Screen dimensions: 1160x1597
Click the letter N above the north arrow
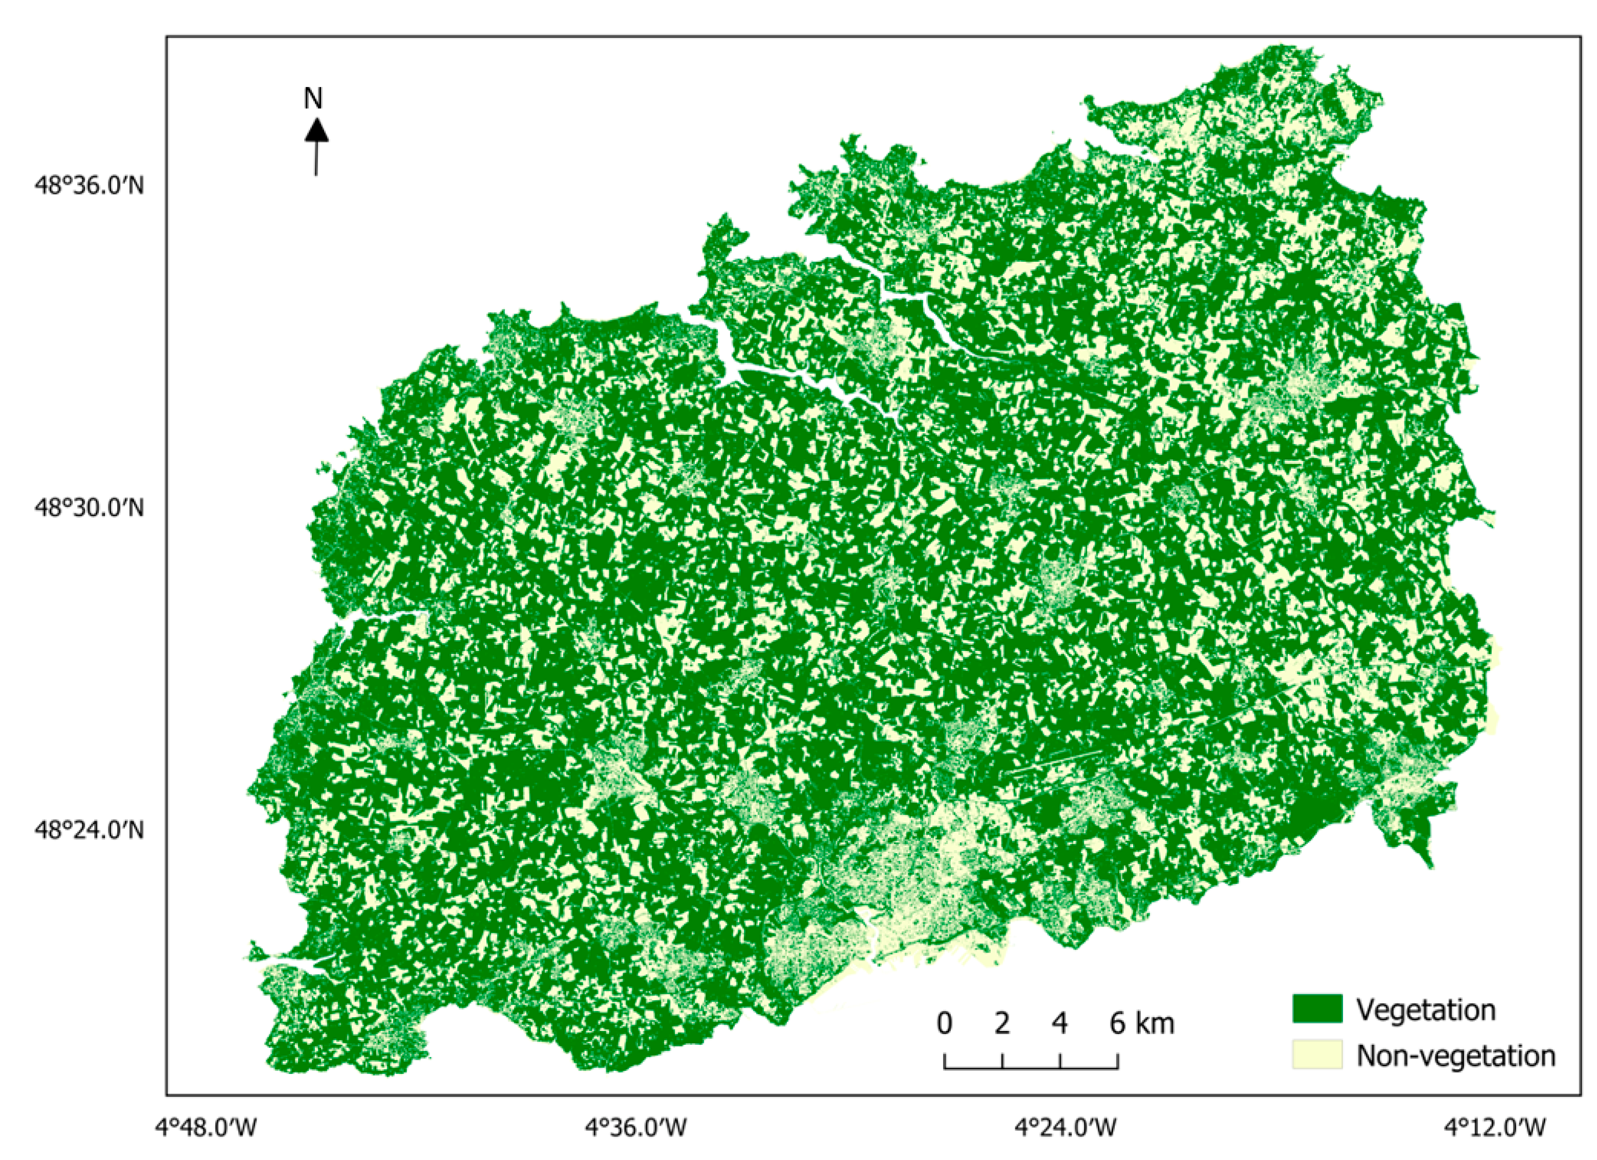click(x=313, y=99)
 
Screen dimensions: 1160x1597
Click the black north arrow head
click(x=316, y=130)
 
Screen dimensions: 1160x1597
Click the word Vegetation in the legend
click(x=1426, y=1010)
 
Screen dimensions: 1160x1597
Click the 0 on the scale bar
click(x=945, y=1023)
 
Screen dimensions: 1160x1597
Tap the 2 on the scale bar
click(x=1002, y=1023)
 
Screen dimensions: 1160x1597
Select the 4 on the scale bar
click(x=1060, y=1023)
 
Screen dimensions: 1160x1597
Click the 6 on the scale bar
click(x=1117, y=1023)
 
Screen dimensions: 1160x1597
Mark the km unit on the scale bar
click(x=1155, y=1023)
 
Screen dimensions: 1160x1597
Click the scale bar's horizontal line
click(x=1031, y=1068)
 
